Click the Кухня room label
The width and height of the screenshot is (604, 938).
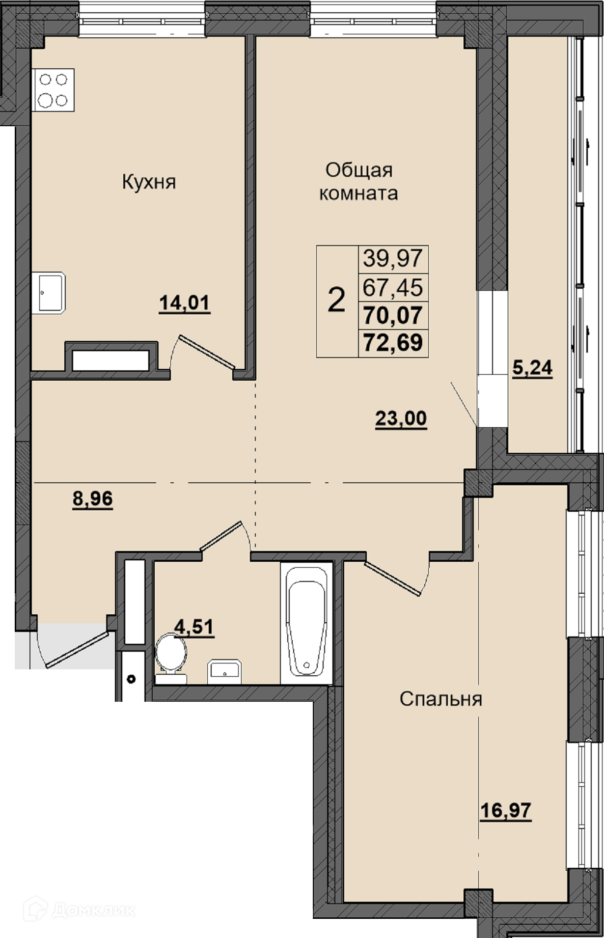click(x=149, y=183)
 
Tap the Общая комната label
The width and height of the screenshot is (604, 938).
click(x=358, y=182)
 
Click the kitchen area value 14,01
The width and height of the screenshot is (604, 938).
click(x=185, y=303)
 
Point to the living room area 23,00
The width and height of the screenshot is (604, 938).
click(x=401, y=419)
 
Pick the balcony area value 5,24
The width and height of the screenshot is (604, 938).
click(x=532, y=367)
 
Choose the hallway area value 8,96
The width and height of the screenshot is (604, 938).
click(x=92, y=499)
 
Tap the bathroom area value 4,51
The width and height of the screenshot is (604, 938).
click(x=194, y=627)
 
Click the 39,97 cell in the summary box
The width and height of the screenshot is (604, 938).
click(x=393, y=258)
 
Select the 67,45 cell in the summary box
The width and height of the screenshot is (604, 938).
click(x=393, y=287)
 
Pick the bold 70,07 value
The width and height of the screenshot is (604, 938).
click(x=393, y=315)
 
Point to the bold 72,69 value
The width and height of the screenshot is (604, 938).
click(x=393, y=342)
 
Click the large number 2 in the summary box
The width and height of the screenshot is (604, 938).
click(x=336, y=300)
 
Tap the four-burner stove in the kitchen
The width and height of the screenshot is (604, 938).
click(x=53, y=90)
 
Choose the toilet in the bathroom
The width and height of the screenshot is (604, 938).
click(x=171, y=658)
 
